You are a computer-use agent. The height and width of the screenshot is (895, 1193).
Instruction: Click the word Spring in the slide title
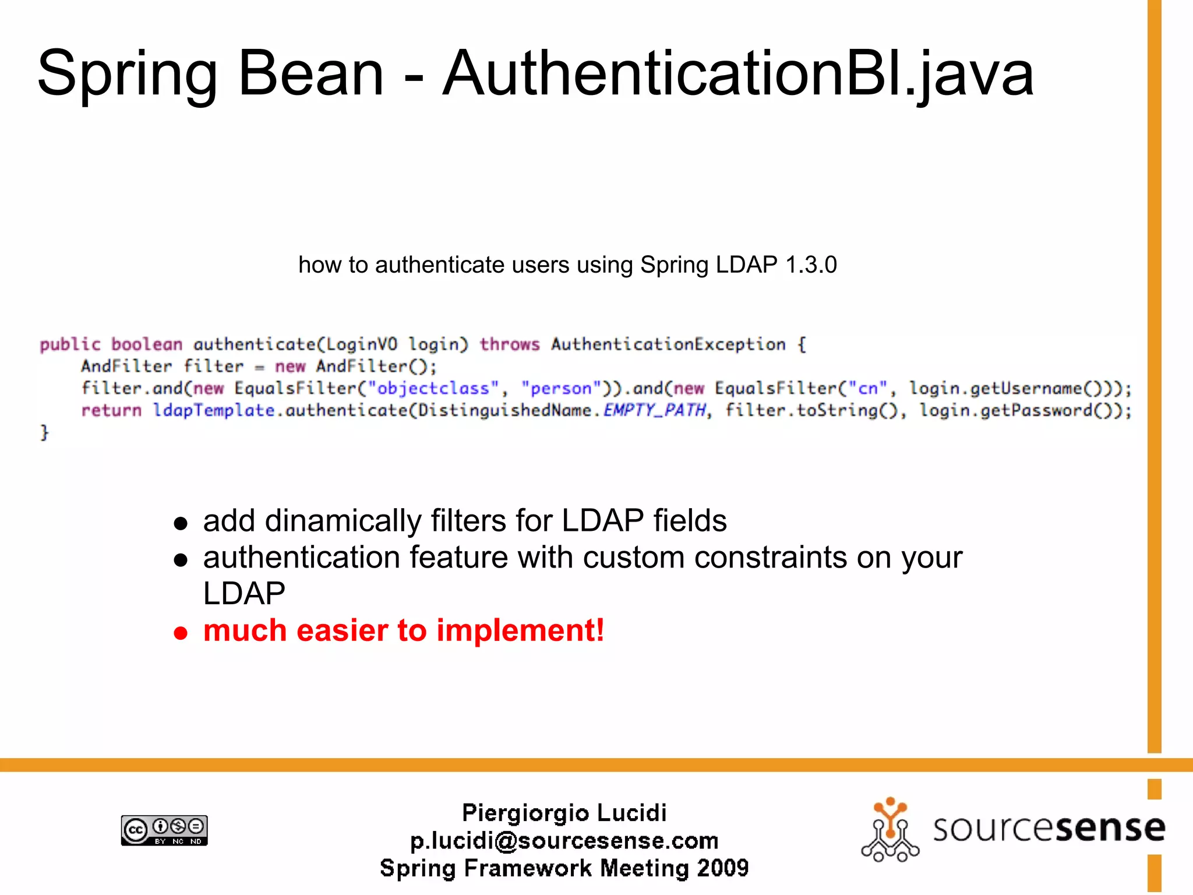[127, 75]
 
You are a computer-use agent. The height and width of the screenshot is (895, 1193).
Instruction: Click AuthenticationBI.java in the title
[737, 75]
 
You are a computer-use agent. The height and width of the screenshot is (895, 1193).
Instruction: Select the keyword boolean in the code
[147, 344]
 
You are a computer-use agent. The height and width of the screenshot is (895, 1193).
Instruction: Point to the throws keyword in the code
[510, 344]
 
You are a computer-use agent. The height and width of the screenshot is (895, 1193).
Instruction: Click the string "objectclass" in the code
[433, 389]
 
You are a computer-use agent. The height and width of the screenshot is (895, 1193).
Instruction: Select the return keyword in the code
[111, 411]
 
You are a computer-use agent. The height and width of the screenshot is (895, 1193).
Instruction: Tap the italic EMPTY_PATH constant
[655, 411]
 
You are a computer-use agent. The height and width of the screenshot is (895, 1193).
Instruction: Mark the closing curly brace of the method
[44, 433]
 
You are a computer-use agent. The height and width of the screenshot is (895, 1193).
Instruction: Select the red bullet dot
[181, 633]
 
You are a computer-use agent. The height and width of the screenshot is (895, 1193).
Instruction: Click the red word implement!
[520, 630]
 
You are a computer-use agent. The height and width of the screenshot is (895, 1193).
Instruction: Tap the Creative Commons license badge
[164, 830]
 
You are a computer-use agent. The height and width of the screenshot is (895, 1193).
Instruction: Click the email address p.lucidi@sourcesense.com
[564, 841]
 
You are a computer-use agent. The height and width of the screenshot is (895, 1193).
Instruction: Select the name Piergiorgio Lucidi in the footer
[564, 813]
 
